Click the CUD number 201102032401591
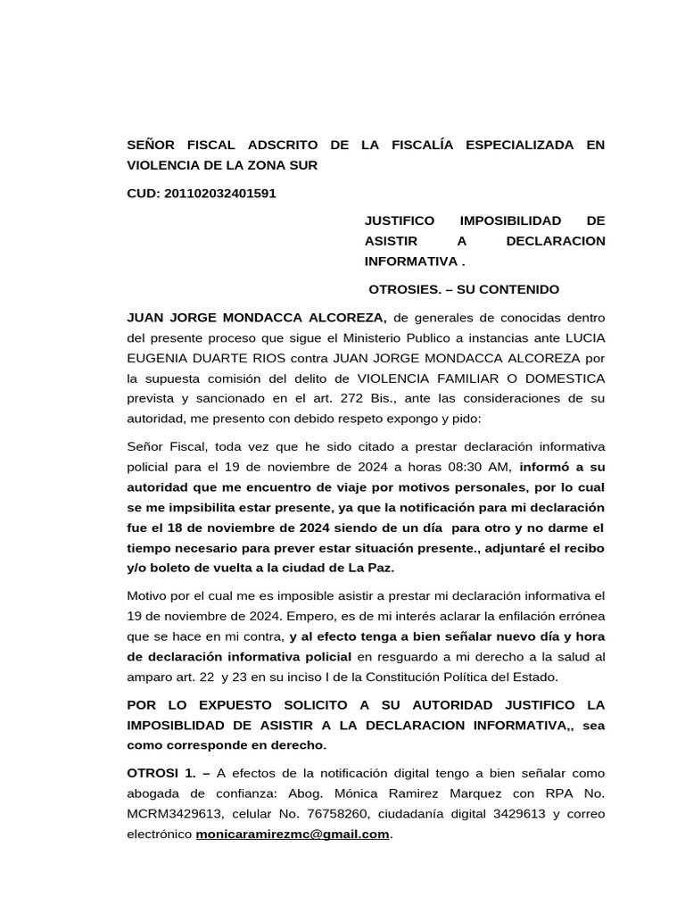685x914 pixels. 220,193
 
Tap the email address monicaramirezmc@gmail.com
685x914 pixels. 293,834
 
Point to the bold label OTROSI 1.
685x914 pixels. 161,773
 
